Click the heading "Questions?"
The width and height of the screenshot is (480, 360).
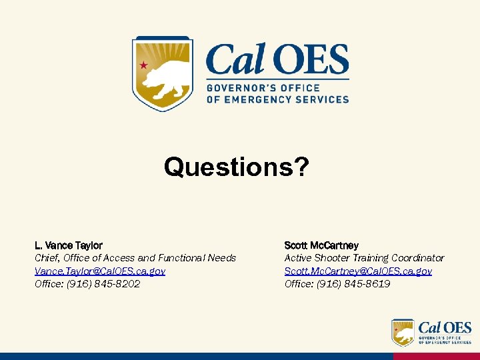(237, 167)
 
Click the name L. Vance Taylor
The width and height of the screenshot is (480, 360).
(69, 245)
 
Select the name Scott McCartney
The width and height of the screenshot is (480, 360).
(321, 245)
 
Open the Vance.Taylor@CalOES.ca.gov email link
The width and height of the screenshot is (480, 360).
(100, 271)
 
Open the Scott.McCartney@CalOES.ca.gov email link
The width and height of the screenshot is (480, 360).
(358, 271)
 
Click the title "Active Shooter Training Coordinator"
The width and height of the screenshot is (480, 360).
(364, 258)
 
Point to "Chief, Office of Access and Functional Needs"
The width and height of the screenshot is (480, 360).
(135, 258)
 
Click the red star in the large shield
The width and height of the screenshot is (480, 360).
(143, 65)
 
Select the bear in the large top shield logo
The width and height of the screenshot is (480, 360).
(163, 79)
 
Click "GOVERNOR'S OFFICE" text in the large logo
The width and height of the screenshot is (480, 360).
(263, 88)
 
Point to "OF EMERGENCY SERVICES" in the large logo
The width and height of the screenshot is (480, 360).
(277, 99)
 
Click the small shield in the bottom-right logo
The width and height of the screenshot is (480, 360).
(403, 332)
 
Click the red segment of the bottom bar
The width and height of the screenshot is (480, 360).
(436, 357)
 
